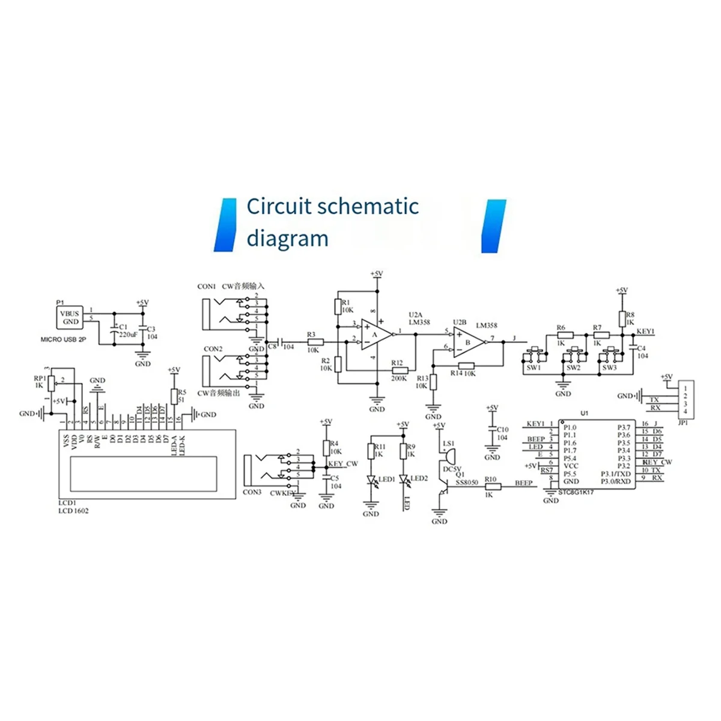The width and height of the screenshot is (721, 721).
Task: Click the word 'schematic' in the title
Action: coord(368,207)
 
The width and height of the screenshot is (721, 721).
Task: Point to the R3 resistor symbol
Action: coord(315,342)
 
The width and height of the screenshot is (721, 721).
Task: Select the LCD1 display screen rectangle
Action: coord(144,473)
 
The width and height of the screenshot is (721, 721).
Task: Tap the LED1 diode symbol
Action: coord(371,480)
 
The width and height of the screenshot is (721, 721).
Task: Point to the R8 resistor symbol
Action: coord(622,318)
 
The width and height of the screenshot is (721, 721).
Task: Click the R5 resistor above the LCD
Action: coord(174,396)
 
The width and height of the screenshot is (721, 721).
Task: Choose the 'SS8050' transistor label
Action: coord(467,482)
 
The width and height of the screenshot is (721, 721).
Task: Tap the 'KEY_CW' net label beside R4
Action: coord(343,464)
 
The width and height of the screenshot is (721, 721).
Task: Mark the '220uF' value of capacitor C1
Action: coord(129,335)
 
